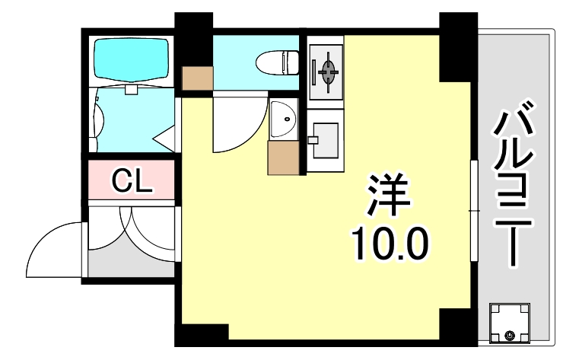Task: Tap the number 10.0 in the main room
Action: coord(390,243)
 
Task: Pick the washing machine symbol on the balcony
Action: coord(510,321)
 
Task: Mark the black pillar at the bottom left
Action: coord(204,334)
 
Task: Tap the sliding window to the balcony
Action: coord(473,209)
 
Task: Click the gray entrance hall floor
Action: coord(132,259)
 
